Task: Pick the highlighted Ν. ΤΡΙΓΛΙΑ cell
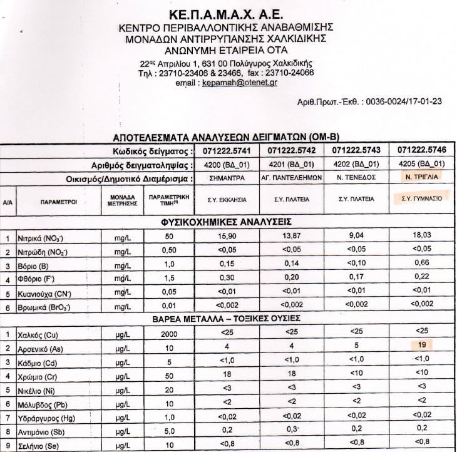click(418, 177)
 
